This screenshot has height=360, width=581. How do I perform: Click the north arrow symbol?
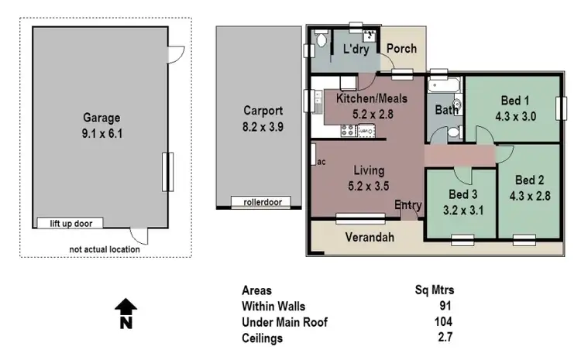point(125,314)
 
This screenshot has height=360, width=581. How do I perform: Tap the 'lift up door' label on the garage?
point(70,224)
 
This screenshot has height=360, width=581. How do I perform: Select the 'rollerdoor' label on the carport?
point(263,203)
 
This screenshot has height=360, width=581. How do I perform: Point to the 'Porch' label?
point(401,49)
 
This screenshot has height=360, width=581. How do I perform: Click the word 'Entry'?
point(408,205)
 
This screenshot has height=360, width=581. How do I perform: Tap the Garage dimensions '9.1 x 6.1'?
point(101,133)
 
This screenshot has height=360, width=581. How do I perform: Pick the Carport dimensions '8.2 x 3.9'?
point(263,125)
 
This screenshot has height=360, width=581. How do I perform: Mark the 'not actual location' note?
point(105,249)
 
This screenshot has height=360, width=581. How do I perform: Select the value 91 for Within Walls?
point(445,306)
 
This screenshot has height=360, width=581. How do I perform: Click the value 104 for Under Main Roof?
point(442,322)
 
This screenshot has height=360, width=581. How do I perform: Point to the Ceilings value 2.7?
point(444,338)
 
